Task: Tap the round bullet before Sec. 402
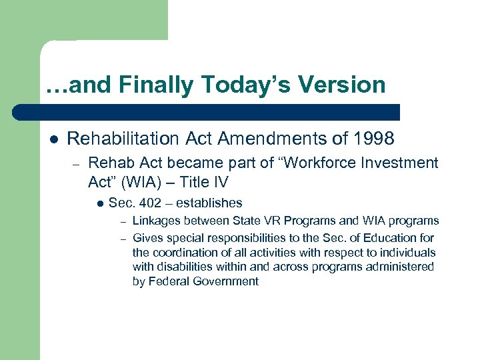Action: tap(99, 203)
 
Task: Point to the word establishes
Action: tap(209, 203)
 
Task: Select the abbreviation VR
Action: tap(263, 221)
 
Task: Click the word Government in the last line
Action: tap(225, 281)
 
